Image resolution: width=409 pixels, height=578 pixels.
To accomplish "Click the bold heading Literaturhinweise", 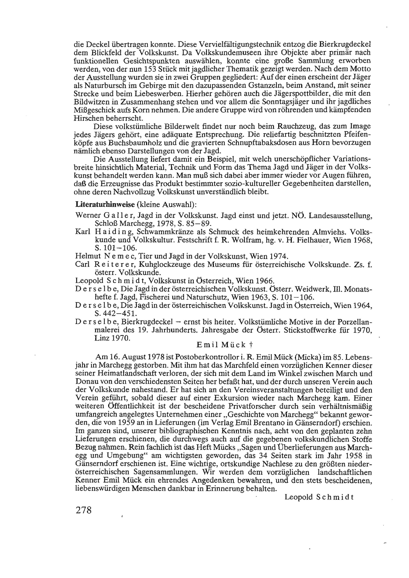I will pos(105,204).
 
